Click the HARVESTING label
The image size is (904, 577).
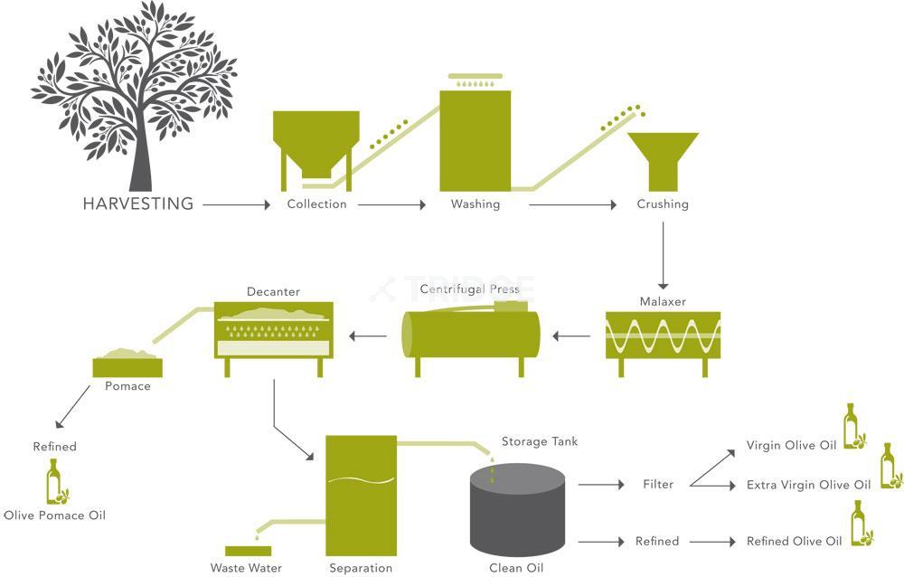tap(137, 204)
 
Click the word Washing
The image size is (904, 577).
tap(476, 204)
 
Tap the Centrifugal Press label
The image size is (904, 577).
tap(470, 289)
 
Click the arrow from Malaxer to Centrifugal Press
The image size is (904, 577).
tap(571, 336)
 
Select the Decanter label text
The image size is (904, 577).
tap(273, 292)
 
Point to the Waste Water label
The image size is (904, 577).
tap(246, 568)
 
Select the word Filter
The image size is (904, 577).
tap(658, 485)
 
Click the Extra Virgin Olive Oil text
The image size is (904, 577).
tap(808, 486)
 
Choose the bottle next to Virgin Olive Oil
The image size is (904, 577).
tap(852, 427)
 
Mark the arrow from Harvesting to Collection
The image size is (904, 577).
tap(236, 205)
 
